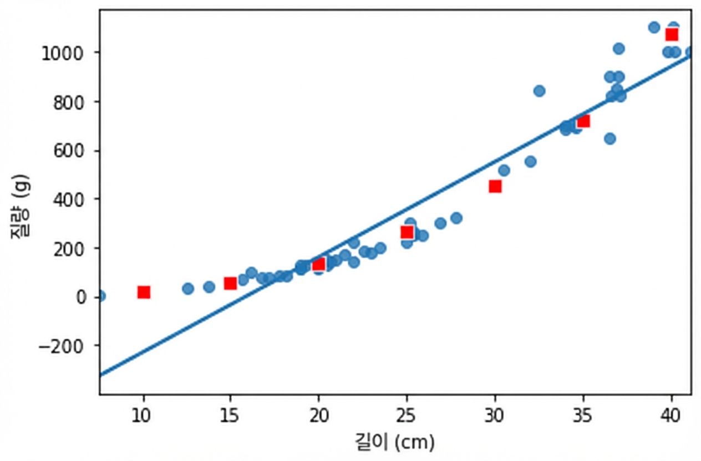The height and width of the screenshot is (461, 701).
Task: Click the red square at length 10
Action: coord(144,293)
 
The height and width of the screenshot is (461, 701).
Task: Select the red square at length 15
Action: coord(230,283)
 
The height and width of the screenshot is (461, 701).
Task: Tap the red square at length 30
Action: coord(495,186)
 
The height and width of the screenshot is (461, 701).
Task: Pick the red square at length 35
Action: coord(583,121)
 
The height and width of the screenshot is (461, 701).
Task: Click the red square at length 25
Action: coord(407,232)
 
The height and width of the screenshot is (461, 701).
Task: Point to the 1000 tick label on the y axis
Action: coord(66,54)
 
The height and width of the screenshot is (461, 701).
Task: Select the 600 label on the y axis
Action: coord(72,152)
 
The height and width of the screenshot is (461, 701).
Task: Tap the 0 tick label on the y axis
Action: coord(82,298)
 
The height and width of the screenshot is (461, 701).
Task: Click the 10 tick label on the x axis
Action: coord(141,416)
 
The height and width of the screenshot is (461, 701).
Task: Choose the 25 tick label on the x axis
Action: coord(406,416)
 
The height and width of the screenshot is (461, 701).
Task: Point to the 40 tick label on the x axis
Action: coord(670,416)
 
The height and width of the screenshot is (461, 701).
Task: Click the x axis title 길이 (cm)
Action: coord(395,443)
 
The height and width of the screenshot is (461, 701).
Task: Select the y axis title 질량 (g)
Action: coord(20,207)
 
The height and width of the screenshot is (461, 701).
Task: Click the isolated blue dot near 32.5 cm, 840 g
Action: coord(540,91)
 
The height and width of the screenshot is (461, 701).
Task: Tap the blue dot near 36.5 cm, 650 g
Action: coord(610,139)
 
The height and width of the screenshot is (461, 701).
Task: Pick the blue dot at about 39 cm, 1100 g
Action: coord(654,28)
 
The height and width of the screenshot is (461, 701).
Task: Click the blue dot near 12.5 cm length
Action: coord(188,289)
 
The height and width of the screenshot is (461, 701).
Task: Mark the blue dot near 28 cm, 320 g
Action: coord(456,218)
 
